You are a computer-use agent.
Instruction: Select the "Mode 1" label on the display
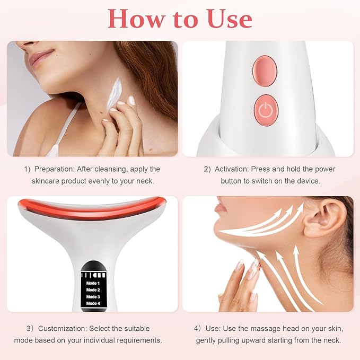[x=92, y=283]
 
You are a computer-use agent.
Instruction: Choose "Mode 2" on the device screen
[x=92, y=289]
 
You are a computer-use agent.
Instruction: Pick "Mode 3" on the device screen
[x=92, y=296]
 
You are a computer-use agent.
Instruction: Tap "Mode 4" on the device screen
[x=92, y=303]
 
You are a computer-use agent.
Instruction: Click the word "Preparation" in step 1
[x=57, y=169]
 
